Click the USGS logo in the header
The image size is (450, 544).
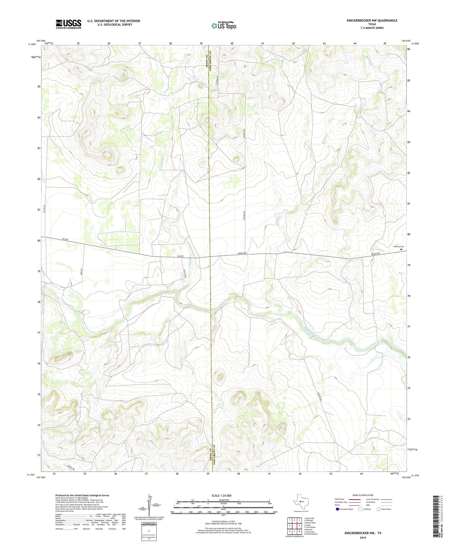(68, 24)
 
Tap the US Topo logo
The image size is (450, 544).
(223, 26)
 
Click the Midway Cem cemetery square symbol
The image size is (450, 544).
(401, 249)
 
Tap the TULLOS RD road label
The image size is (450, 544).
(185, 274)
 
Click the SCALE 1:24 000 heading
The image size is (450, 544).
(221, 495)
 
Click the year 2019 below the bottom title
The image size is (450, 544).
(363, 538)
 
